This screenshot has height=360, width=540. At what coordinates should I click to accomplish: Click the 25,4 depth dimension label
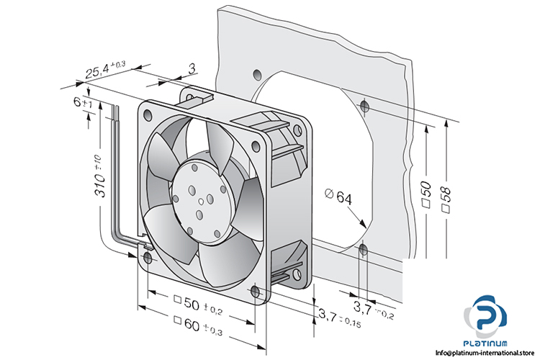(105, 69)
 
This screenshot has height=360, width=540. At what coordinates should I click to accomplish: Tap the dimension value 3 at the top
(192, 68)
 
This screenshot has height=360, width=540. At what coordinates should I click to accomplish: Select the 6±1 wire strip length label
(83, 102)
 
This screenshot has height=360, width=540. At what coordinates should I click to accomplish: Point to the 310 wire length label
(99, 176)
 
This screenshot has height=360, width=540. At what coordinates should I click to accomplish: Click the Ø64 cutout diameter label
(338, 197)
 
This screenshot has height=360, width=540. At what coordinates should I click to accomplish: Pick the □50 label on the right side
(426, 194)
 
